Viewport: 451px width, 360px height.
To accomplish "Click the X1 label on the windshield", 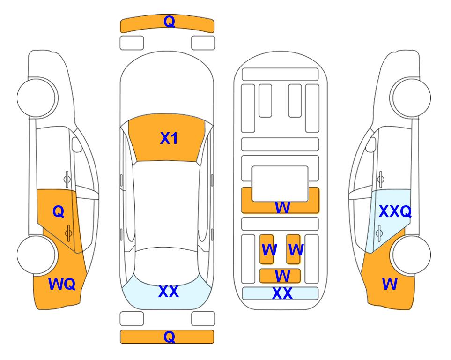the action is tap(169, 138).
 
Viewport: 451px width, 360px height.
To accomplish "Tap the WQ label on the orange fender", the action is tap(62, 284).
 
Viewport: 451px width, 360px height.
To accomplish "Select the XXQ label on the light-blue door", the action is tap(395, 211).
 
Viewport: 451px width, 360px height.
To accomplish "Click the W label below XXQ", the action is tap(390, 284).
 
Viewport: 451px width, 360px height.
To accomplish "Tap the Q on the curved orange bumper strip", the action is tap(170, 21).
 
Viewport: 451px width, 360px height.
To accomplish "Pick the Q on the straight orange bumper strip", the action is tap(170, 337).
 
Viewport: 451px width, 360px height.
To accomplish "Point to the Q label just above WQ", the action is tap(59, 211).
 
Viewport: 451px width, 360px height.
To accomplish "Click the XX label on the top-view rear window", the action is tap(169, 292).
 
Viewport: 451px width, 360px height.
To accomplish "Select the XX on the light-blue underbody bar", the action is tap(282, 293).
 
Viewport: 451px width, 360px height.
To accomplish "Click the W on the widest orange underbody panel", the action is tap(282, 207).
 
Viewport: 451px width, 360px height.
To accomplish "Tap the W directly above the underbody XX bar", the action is tap(282, 276).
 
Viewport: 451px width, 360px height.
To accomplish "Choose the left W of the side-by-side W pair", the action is tap(269, 250).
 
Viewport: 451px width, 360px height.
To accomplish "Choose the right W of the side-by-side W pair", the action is tap(296, 250).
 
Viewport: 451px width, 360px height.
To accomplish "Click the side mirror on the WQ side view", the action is tap(77, 144).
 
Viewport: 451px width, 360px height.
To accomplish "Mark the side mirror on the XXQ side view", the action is tap(371, 144).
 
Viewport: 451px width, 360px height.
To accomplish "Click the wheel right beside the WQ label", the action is tap(37, 255).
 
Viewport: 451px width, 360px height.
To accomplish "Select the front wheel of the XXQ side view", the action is tap(411, 97).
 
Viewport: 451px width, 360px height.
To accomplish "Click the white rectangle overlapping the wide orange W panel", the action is tap(280, 183).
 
